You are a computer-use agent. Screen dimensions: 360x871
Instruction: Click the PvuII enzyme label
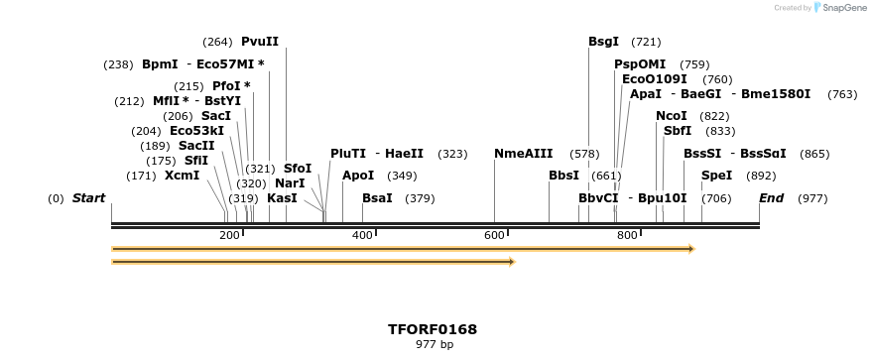[260, 42]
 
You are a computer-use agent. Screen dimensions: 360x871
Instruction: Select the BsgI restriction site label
[603, 42]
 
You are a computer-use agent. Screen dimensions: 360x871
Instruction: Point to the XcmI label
[182, 176]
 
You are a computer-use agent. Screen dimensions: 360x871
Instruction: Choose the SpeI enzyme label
[716, 176]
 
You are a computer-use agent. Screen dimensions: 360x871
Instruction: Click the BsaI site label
[377, 198]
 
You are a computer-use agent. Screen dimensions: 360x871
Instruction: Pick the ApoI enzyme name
[358, 176]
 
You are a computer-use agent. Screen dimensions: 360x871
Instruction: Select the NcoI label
[671, 116]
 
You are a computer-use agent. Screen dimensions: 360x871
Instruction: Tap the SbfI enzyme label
[678, 131]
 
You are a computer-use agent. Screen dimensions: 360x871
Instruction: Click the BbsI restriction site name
[563, 176]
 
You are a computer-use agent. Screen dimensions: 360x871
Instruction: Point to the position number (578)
[584, 154]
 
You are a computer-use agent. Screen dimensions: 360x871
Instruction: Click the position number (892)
[761, 176]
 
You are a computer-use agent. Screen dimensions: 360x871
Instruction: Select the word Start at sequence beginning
[88, 198]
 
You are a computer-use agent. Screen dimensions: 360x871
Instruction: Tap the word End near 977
[771, 198]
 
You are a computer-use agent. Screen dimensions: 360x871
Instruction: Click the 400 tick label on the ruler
[362, 235]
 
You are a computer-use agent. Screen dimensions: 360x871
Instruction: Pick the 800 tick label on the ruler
[626, 235]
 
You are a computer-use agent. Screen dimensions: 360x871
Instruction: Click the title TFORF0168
[433, 329]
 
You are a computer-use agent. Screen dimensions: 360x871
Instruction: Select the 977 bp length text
[434, 345]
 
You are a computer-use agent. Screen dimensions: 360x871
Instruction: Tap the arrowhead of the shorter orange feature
[512, 262]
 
